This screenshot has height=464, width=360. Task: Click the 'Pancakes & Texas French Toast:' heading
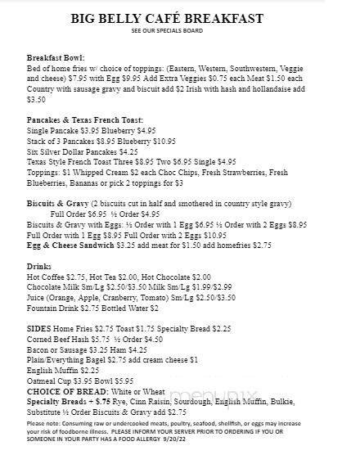click(79, 120)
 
